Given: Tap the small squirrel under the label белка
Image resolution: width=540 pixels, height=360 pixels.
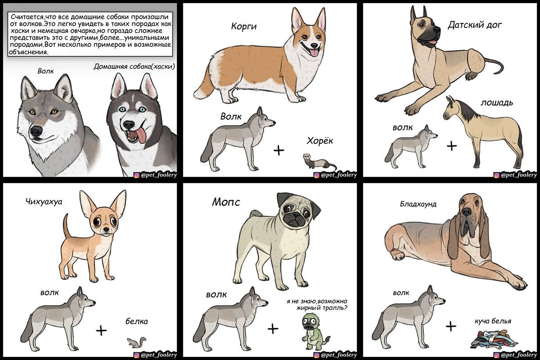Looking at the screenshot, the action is pos(136,342).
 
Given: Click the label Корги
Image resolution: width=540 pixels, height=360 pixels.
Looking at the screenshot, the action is pos(244,26).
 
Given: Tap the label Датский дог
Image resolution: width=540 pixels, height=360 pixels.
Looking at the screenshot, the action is pos(475,25).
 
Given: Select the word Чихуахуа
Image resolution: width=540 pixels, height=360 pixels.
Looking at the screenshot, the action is pos(44,202).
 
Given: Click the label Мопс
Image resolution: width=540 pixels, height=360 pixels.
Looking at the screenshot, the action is pos(226,202).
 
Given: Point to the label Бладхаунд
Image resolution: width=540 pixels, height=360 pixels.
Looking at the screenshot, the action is pos(418,204).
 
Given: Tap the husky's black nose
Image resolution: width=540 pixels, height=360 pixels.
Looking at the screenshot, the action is pos(129,124).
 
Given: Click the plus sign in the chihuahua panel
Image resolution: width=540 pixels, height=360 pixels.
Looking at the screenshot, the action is pos(101,330).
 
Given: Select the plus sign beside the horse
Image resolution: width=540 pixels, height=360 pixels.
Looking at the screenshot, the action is pos(452,146).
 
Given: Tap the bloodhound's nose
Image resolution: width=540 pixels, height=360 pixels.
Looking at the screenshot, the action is pos(467,211).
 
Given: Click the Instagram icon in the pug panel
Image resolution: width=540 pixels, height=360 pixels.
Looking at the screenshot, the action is pos(317,355).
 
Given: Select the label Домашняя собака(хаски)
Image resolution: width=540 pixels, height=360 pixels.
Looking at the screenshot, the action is pos(134,67).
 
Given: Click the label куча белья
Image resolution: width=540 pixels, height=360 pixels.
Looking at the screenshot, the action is pos(493,321).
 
